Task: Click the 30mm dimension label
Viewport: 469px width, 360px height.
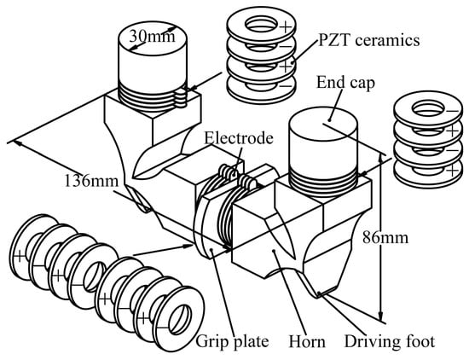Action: (152, 36)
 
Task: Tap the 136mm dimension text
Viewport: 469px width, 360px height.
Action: (91, 181)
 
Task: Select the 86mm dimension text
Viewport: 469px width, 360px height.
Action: (385, 238)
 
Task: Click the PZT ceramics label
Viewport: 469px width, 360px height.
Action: (369, 40)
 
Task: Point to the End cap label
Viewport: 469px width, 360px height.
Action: (345, 82)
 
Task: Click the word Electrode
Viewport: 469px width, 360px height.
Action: (239, 138)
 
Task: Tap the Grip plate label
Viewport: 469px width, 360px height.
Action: (232, 342)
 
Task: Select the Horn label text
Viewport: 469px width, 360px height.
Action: (307, 342)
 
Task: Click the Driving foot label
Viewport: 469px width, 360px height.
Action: (390, 341)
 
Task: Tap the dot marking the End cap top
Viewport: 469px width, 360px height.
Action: (329, 120)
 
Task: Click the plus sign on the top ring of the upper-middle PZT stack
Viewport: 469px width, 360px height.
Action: (286, 27)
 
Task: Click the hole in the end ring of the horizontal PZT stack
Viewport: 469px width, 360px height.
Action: (180, 320)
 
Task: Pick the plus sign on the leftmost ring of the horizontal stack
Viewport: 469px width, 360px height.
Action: (19, 257)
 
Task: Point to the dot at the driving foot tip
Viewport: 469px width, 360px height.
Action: (319, 293)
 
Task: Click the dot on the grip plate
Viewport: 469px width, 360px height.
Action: (211, 249)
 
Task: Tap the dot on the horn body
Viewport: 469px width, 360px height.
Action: (274, 251)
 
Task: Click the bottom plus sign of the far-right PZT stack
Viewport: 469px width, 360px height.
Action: (452, 171)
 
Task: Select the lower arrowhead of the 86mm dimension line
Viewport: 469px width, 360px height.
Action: (380, 316)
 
